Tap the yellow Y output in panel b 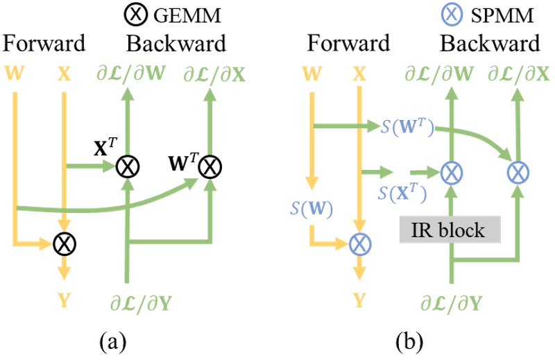pyautogui.click(x=359, y=300)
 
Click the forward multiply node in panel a pyautogui.click(x=65, y=243)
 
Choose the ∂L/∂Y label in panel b pyautogui.click(x=452, y=302)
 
